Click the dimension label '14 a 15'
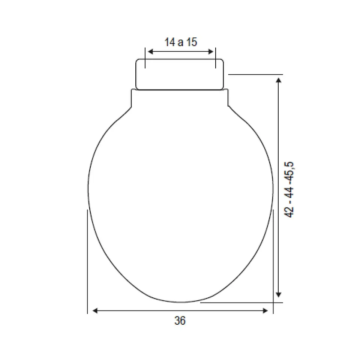coord(181,42)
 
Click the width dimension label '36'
coord(180,321)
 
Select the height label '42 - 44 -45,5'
coord(289,189)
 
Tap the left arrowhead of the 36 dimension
coord(95,311)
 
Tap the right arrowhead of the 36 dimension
coord(265,311)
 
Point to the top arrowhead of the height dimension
coord(279,80)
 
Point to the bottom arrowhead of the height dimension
coord(279,295)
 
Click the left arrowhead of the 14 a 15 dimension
coord(151,52)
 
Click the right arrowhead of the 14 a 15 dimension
coord(210,52)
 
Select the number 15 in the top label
coord(192,42)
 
